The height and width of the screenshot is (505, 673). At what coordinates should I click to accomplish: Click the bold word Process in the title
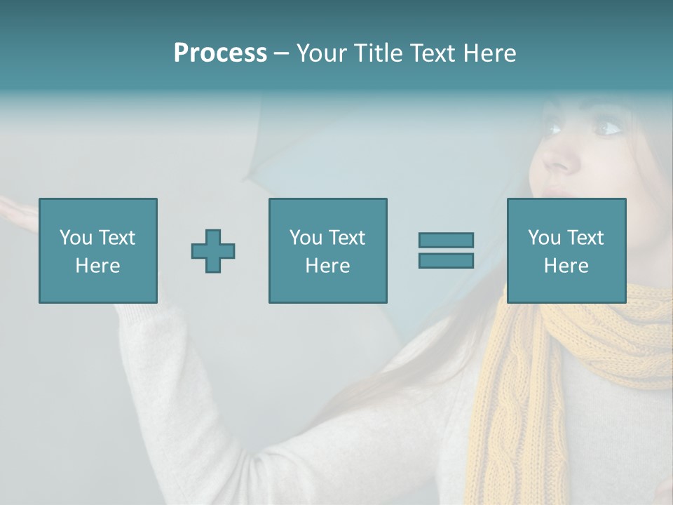(x=220, y=53)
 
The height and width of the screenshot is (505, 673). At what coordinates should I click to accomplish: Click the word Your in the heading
(x=322, y=53)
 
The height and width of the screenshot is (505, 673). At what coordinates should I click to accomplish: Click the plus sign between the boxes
(x=213, y=250)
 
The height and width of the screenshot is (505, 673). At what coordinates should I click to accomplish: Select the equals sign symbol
(x=446, y=250)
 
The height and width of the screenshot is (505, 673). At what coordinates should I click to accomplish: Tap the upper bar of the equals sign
(x=446, y=240)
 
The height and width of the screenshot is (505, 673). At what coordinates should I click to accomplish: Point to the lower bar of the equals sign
(x=446, y=261)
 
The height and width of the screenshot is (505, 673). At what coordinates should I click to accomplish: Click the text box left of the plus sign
(x=98, y=250)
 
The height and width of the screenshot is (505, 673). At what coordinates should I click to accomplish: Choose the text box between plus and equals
(x=327, y=250)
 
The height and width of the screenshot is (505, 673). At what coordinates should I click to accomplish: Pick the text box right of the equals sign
(x=566, y=250)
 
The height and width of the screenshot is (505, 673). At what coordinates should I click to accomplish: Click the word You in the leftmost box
(x=75, y=238)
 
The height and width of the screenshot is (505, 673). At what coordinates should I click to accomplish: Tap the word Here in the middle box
(x=327, y=266)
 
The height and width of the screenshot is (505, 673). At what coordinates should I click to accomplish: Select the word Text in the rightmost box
(x=585, y=238)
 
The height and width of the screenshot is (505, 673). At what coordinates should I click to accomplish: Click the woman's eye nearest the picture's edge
(x=608, y=128)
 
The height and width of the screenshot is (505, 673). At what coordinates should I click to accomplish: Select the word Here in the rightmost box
(x=566, y=266)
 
